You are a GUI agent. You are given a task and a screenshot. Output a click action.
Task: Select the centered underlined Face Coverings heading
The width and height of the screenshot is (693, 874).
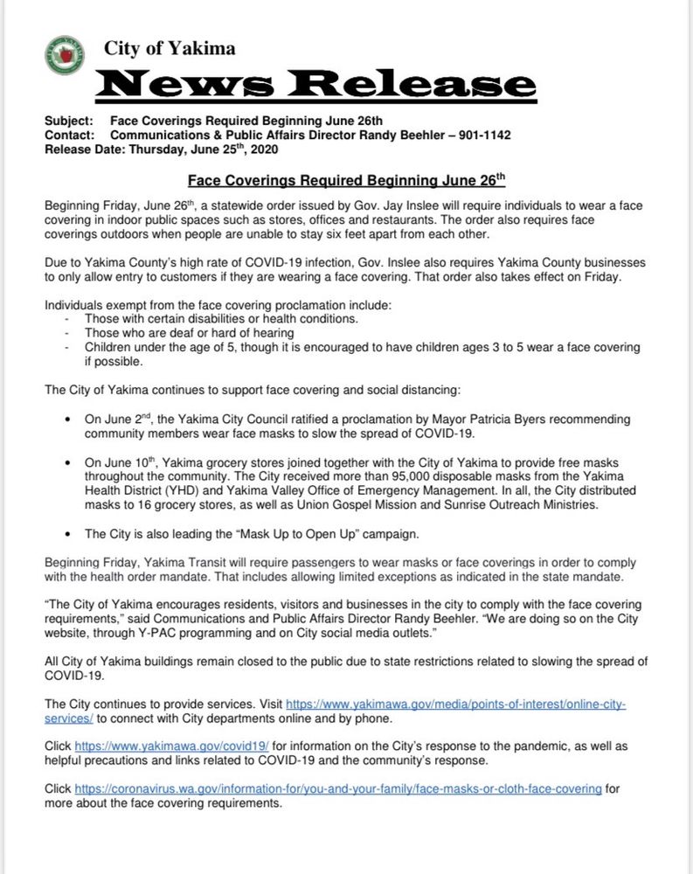click(x=347, y=183)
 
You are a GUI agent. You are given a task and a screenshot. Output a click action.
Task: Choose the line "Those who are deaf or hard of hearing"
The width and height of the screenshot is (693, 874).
click(x=190, y=333)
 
